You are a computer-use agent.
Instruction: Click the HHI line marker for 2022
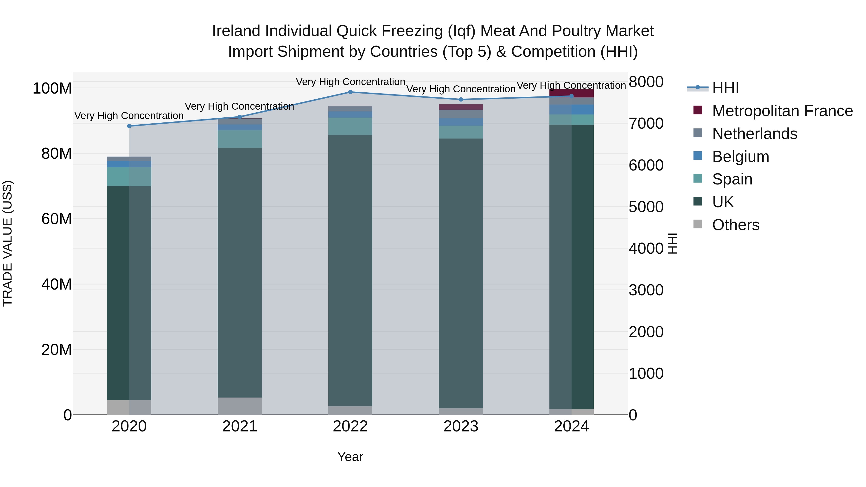coord(350,92)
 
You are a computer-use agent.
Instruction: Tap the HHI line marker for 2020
coord(129,126)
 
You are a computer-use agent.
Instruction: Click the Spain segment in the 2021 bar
coord(240,139)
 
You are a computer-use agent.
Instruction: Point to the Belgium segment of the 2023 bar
coord(461,122)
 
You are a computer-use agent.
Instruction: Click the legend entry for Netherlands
coord(754,134)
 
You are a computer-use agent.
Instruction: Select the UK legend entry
coord(723,202)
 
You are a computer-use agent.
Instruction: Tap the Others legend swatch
coord(698,224)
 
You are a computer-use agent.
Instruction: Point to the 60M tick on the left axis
coord(57,219)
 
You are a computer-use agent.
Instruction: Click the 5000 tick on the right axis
coord(646,207)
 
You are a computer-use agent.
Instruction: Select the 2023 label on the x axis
coord(461,426)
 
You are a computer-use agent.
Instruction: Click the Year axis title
coord(350,457)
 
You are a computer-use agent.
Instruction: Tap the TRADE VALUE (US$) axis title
coord(7,243)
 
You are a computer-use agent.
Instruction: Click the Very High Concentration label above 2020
coord(129,116)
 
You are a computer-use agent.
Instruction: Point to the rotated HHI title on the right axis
coord(672,243)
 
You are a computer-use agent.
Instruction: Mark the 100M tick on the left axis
coord(52,89)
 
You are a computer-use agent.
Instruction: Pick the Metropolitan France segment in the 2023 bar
coord(461,107)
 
